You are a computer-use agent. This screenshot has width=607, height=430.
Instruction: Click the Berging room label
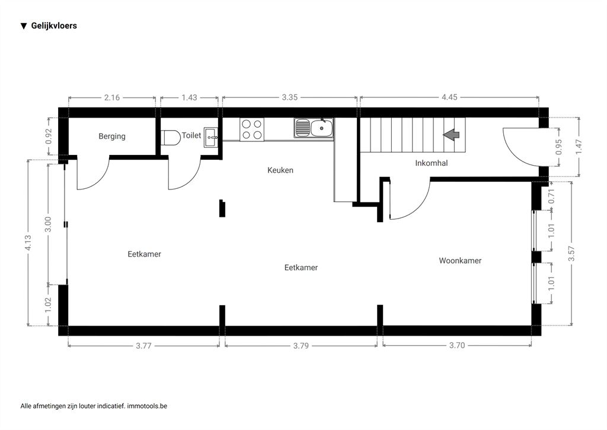click(x=112, y=136)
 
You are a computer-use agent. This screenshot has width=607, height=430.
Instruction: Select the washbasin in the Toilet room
click(x=211, y=137)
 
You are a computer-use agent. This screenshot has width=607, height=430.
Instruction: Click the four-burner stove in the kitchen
click(x=252, y=129)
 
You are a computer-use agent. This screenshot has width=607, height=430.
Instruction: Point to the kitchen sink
click(x=314, y=128)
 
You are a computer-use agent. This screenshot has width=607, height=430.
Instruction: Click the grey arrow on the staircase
click(x=451, y=135)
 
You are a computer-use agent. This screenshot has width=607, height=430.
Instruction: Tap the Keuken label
click(x=280, y=170)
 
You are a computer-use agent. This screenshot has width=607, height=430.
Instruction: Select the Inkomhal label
click(x=432, y=163)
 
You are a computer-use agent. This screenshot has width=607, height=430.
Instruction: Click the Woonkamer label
click(x=460, y=261)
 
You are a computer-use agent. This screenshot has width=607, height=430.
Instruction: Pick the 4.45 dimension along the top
click(x=449, y=97)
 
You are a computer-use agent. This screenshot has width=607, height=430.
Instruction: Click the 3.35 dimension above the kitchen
click(x=289, y=97)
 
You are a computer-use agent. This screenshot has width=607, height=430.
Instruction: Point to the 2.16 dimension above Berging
click(x=112, y=97)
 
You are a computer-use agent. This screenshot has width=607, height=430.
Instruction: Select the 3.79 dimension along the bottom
click(x=301, y=346)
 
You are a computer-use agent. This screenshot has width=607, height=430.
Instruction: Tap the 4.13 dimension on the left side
click(x=28, y=243)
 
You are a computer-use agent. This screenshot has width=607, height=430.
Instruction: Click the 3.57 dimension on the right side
click(x=571, y=254)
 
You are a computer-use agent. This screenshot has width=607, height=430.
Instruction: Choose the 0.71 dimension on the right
click(x=552, y=196)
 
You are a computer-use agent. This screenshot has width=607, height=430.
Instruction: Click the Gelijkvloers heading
click(x=54, y=26)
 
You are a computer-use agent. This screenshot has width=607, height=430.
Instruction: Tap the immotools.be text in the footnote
click(x=147, y=406)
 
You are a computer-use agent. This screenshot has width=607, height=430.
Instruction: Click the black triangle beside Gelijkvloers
click(x=24, y=26)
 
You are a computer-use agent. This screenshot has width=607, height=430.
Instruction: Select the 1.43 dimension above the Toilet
click(x=189, y=97)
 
